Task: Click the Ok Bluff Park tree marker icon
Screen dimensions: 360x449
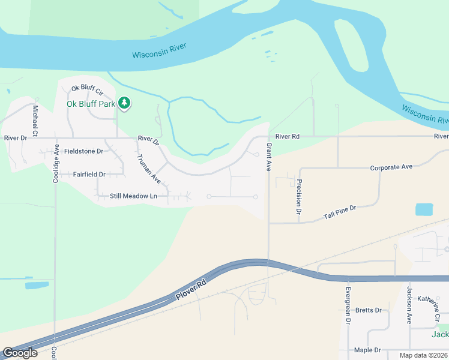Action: pyautogui.click(x=124, y=103)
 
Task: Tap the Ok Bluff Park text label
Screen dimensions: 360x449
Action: pyautogui.click(x=91, y=103)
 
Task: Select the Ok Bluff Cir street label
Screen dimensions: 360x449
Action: pyautogui.click(x=88, y=89)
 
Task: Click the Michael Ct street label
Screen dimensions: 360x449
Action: pyautogui.click(x=35, y=119)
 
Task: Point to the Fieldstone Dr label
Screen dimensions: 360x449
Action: pyautogui.click(x=84, y=151)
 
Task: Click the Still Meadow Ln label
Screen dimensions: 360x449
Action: pyautogui.click(x=133, y=196)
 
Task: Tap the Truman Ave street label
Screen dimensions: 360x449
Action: pyautogui.click(x=148, y=169)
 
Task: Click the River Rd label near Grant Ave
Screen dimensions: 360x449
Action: pyautogui.click(x=287, y=137)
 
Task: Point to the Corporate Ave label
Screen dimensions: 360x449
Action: pyautogui.click(x=391, y=167)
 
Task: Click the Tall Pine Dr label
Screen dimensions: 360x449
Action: pyautogui.click(x=340, y=212)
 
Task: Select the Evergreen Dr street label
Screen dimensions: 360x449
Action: pyautogui.click(x=348, y=305)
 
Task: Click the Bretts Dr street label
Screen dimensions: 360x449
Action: pyautogui.click(x=369, y=310)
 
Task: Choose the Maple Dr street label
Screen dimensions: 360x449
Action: pyautogui.click(x=367, y=350)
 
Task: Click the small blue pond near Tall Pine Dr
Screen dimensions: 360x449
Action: pyautogui.click(x=424, y=209)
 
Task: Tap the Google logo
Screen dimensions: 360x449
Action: pyautogui.click(x=20, y=353)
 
